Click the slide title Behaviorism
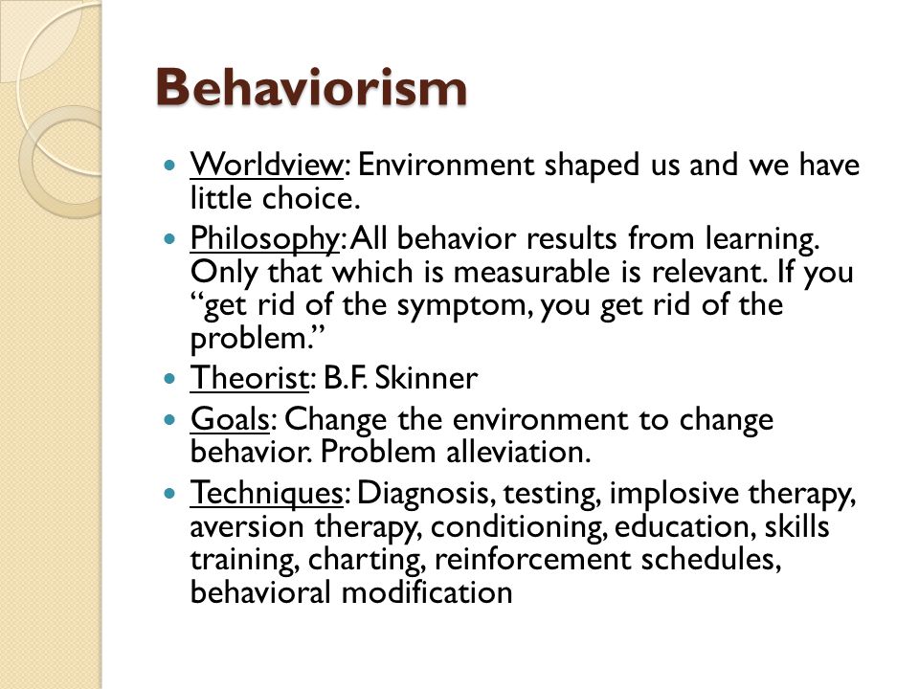click(311, 87)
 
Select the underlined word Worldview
click(266, 165)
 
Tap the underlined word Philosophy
click(265, 239)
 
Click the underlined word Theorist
click(249, 378)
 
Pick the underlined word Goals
click(230, 419)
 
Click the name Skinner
click(426, 378)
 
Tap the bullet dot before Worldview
click(170, 166)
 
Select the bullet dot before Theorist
click(170, 379)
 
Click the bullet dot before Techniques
click(170, 494)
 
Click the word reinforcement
click(532, 560)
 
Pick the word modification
click(427, 592)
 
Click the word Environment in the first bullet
click(445, 165)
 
